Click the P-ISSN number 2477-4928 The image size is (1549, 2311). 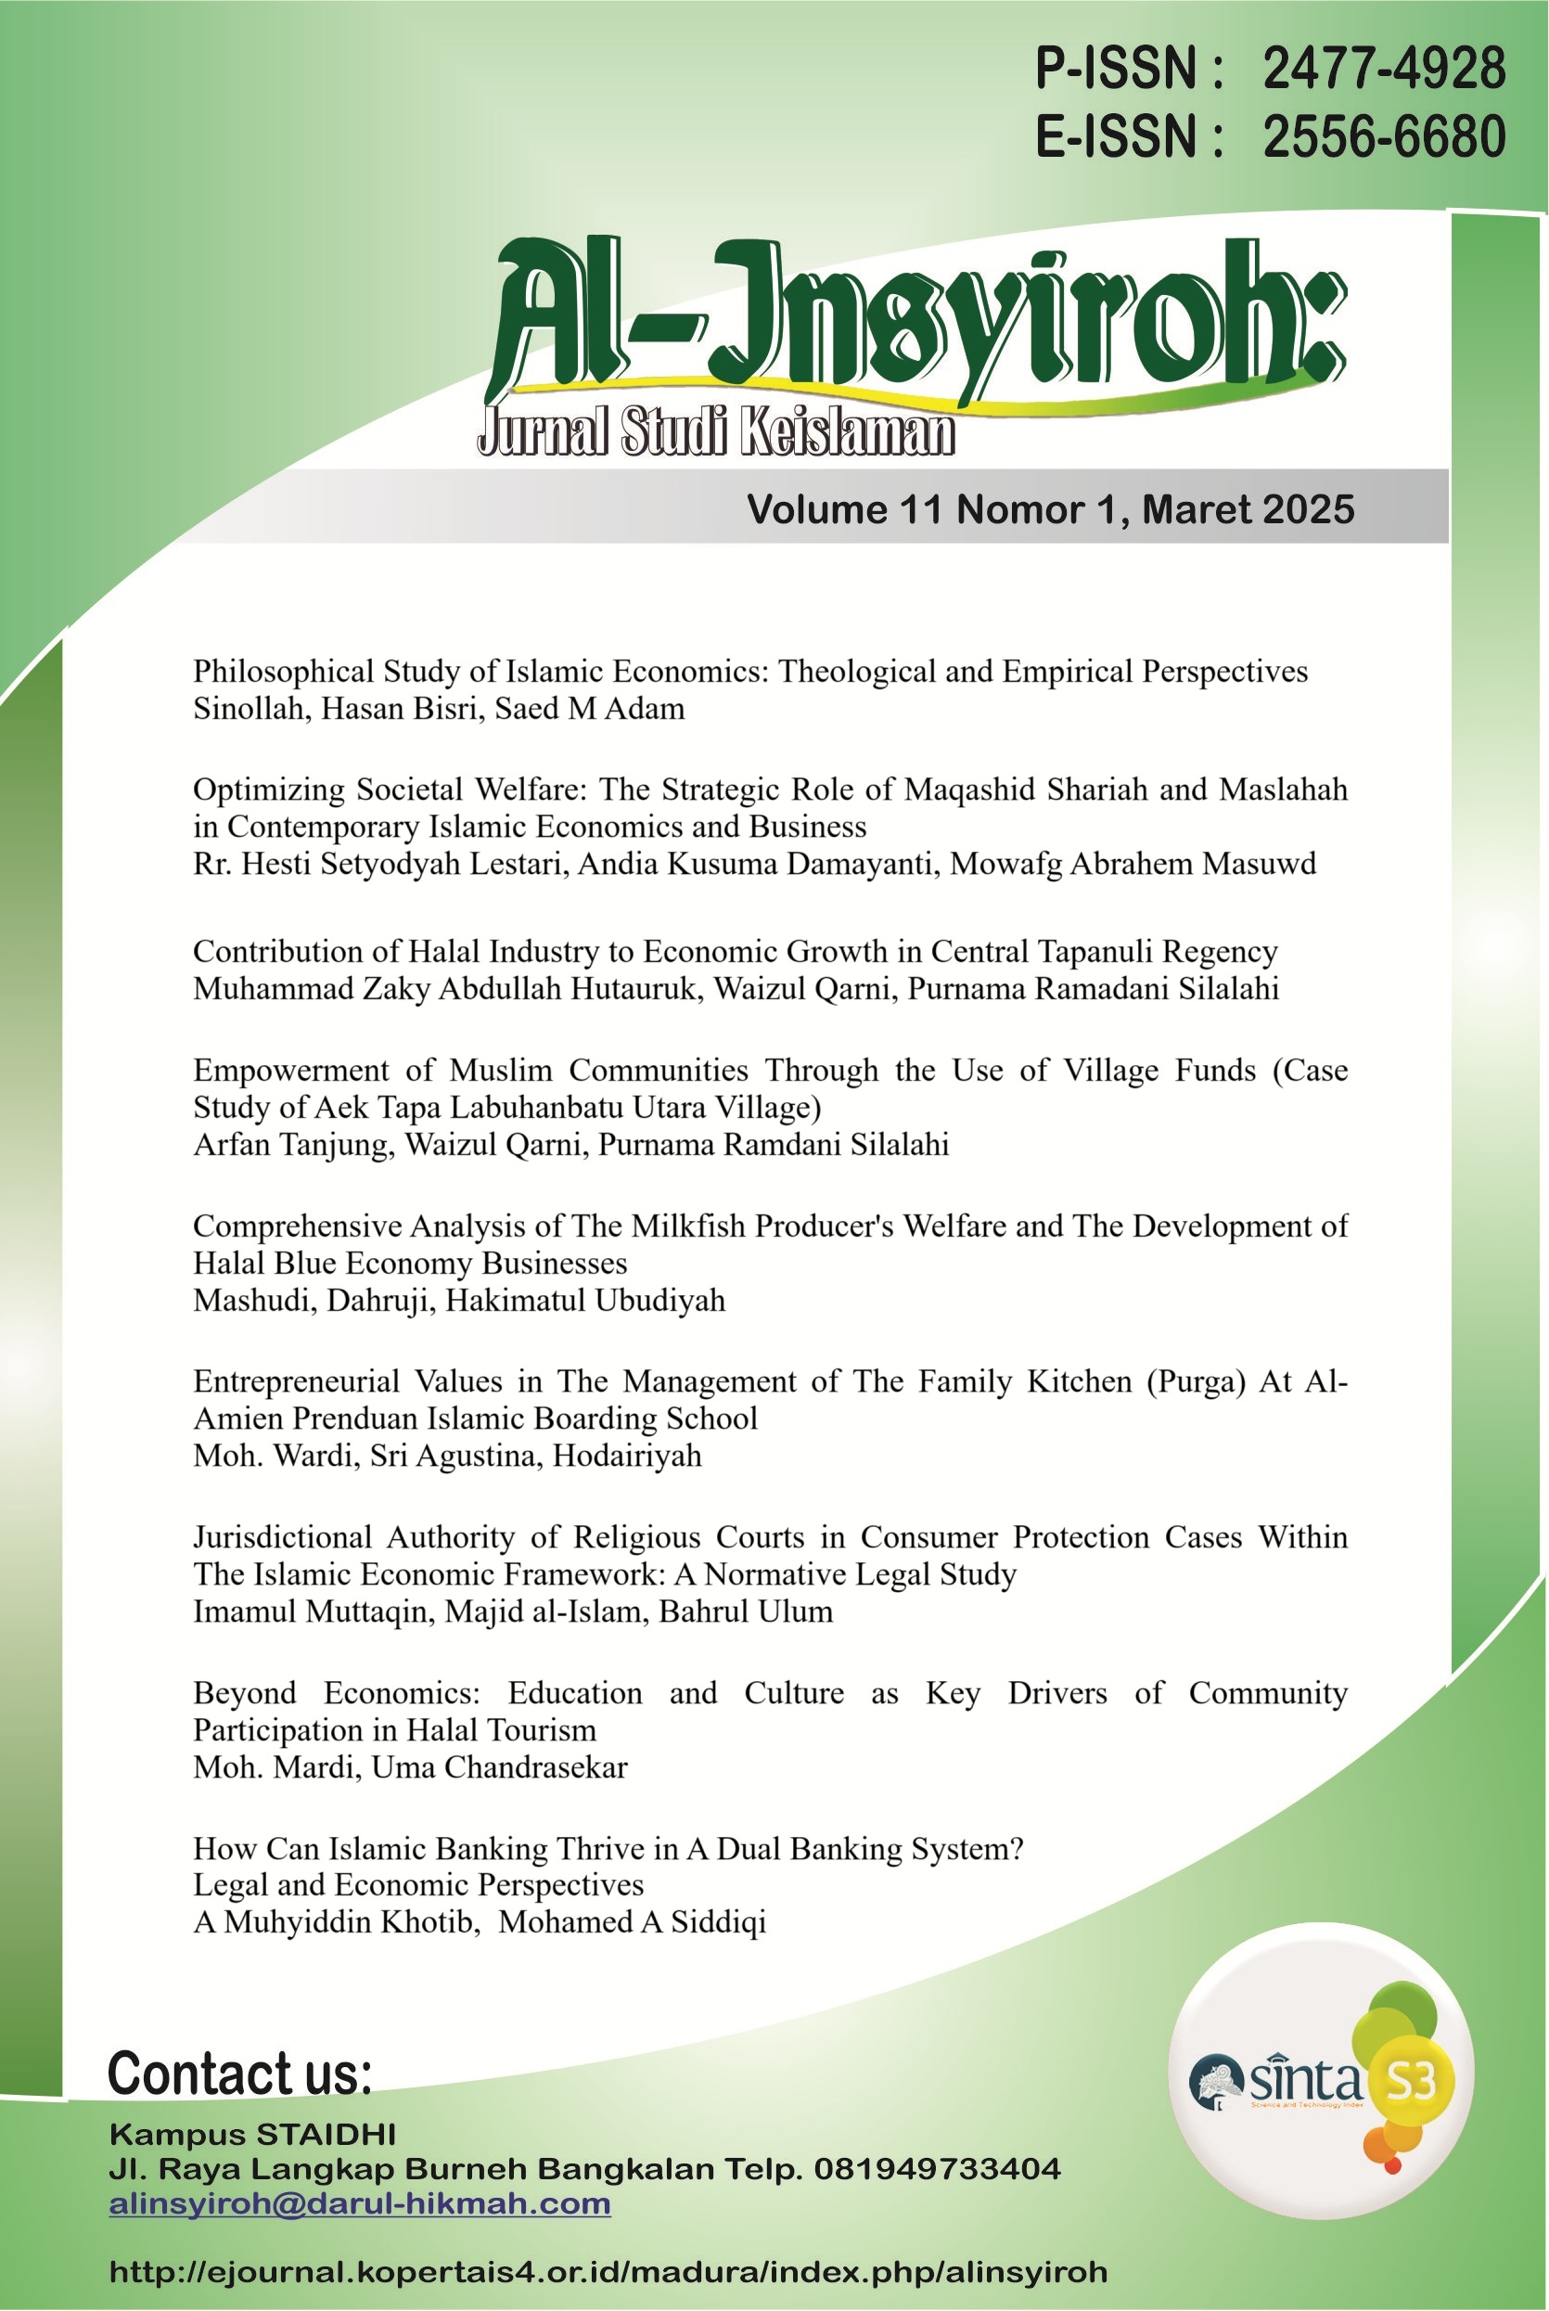coord(1383,70)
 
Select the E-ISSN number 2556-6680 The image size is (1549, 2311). coord(1383,136)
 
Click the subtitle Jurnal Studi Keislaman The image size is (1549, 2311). coord(715,432)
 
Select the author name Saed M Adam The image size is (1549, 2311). coord(590,710)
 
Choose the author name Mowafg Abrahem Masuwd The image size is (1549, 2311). coord(1133,865)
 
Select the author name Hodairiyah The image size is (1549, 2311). coord(626,1457)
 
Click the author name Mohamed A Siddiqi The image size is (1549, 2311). coord(633,1922)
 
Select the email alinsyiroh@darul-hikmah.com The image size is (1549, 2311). coord(360,2204)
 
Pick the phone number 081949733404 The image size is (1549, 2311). coord(937,2170)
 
